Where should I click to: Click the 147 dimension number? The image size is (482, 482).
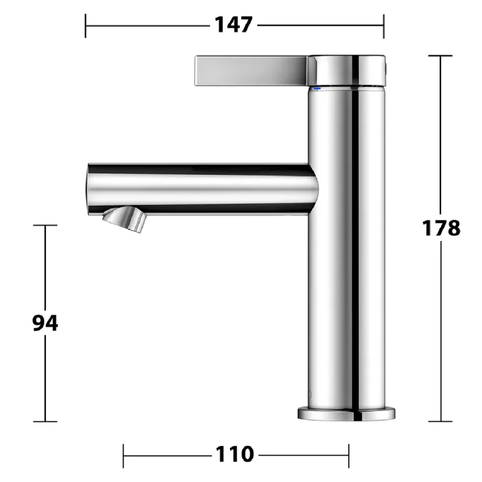(x=234, y=25)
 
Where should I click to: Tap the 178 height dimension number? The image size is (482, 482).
(x=441, y=228)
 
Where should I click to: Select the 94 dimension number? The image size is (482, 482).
(x=45, y=323)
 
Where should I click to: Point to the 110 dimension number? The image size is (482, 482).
(x=234, y=454)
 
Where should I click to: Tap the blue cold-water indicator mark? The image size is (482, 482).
(x=317, y=89)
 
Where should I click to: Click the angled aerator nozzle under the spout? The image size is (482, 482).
(x=124, y=219)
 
